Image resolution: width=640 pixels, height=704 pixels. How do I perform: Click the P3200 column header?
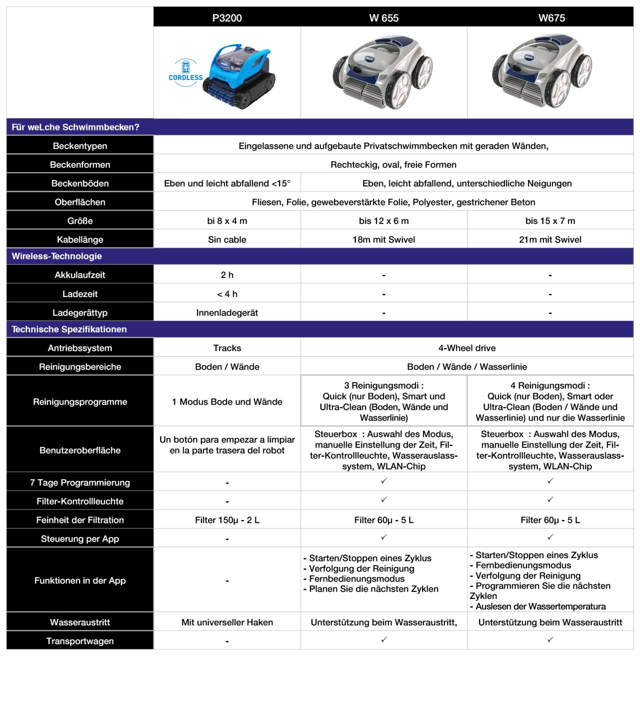tap(227, 18)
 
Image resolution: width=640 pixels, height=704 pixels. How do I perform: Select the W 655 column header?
tap(383, 18)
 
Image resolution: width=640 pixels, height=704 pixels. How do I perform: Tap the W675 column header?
tap(551, 18)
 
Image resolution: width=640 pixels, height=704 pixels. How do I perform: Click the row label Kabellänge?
tap(80, 239)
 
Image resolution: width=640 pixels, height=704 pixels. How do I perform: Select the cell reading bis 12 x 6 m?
tap(383, 221)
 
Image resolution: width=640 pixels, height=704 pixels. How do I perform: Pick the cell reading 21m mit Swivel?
tap(550, 239)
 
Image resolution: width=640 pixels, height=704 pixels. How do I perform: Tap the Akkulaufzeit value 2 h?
tap(227, 275)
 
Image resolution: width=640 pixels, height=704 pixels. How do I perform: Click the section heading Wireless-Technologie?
tap(56, 256)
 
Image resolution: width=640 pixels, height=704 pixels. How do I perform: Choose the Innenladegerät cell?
tap(227, 312)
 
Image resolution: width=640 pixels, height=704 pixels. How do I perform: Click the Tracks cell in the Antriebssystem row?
tap(227, 348)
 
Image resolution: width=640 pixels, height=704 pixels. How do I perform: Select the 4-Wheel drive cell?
tap(467, 348)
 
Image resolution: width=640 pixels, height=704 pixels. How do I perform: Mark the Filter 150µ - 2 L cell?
tap(227, 520)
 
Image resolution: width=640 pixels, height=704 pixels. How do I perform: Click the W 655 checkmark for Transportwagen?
tap(384, 639)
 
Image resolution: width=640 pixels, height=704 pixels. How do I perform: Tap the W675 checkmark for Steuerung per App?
tap(550, 537)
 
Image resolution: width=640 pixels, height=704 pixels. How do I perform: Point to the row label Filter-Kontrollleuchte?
tap(80, 501)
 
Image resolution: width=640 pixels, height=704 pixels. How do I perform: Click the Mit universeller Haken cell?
tap(227, 622)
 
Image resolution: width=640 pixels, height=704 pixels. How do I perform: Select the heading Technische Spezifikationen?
tap(69, 329)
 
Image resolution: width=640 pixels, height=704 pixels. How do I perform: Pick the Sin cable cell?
tap(227, 239)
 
